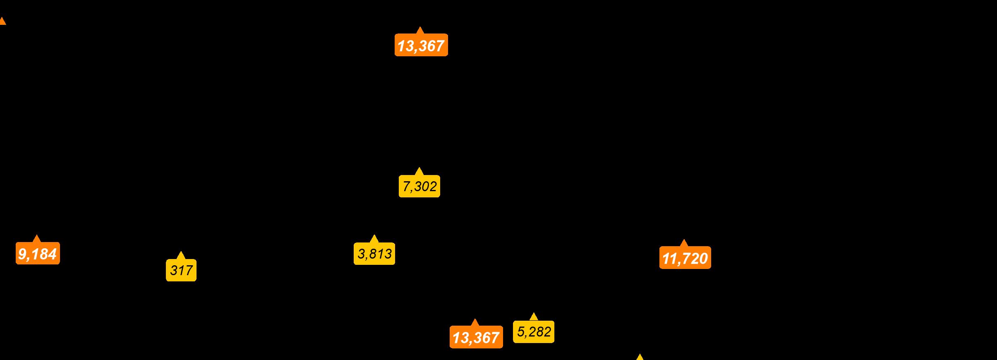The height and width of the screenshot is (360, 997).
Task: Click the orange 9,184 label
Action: point(38,254)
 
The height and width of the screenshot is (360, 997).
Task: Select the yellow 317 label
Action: point(181,271)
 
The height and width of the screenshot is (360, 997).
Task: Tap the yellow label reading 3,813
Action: point(374,254)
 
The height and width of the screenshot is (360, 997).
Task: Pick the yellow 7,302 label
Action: point(419,187)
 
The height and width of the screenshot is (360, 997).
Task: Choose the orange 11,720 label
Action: point(685,258)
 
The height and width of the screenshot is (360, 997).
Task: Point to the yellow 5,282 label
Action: point(534,332)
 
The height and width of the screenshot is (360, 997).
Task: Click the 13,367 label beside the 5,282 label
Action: point(476,338)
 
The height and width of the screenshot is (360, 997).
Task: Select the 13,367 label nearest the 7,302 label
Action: point(421,46)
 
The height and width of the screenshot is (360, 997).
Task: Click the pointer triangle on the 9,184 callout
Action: point(37,238)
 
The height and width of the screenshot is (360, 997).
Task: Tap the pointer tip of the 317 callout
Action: point(181,255)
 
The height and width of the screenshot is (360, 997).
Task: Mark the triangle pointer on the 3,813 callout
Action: point(374,238)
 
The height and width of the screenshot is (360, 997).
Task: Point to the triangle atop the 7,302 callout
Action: point(419,171)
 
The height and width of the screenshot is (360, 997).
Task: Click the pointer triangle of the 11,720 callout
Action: point(683,243)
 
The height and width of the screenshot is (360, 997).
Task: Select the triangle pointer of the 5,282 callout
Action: point(534,317)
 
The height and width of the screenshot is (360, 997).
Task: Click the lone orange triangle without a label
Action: point(2,21)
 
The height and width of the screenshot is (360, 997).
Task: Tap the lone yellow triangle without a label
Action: point(640,357)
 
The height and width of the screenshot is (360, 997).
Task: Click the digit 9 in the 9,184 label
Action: point(22,254)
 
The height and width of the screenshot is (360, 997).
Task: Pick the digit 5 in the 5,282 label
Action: point(521,332)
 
